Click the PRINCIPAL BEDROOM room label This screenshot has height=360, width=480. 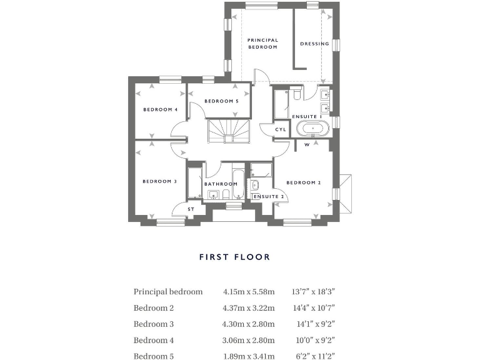click(262, 44)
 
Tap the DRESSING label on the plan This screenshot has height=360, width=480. click(314, 44)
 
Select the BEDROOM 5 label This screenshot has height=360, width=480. click(221, 101)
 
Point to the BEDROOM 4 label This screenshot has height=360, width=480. click(161, 109)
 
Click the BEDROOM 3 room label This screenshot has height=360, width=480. click(160, 182)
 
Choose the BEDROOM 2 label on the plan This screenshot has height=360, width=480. click(303, 182)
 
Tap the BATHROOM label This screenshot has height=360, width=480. click(221, 184)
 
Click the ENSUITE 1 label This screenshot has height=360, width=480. click(306, 117)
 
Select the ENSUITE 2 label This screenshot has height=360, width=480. click(269, 196)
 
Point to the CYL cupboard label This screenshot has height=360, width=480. click(281, 129)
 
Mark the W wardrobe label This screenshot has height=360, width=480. click(307, 145)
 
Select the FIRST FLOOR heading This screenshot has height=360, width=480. click(234, 257)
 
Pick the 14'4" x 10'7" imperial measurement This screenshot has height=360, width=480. click(314, 308)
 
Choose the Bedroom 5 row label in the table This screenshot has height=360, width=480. click(154, 357)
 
